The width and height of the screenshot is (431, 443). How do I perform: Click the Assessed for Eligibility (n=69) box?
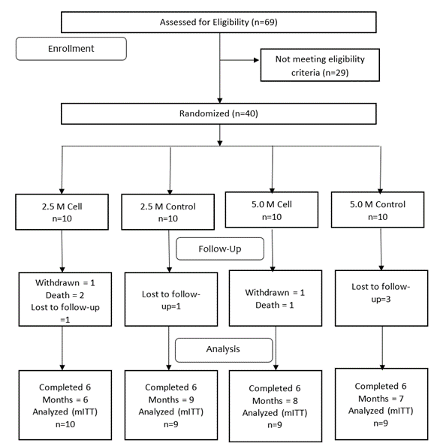click(x=219, y=23)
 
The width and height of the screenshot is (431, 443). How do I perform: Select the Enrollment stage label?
click(x=71, y=49)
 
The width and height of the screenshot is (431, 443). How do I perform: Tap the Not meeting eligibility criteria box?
click(x=320, y=65)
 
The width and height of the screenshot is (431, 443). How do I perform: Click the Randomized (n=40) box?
click(x=219, y=113)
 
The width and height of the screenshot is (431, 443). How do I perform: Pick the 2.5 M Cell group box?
click(x=62, y=212)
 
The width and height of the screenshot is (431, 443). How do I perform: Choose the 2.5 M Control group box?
click(x=168, y=212)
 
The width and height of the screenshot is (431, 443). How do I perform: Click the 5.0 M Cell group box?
click(x=272, y=210)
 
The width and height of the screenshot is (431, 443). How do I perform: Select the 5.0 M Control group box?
click(x=378, y=210)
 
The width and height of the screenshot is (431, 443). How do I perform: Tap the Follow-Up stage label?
click(x=220, y=249)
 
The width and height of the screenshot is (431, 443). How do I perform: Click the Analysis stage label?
click(x=224, y=350)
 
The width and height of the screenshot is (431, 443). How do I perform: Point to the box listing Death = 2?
click(x=65, y=299)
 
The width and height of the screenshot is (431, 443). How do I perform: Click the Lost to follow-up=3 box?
click(x=381, y=298)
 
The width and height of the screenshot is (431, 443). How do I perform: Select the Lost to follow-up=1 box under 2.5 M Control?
click(x=171, y=299)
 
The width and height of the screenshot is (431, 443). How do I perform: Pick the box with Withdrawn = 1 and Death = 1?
click(x=276, y=298)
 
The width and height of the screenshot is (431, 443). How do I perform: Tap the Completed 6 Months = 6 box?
click(x=65, y=405)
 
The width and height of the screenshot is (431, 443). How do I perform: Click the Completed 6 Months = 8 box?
click(x=276, y=406)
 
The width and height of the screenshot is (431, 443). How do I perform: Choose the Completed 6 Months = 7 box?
click(x=381, y=404)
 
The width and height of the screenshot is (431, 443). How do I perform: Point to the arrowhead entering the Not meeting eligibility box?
click(x=257, y=60)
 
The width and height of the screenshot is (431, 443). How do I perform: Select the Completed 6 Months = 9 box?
click(x=171, y=405)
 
